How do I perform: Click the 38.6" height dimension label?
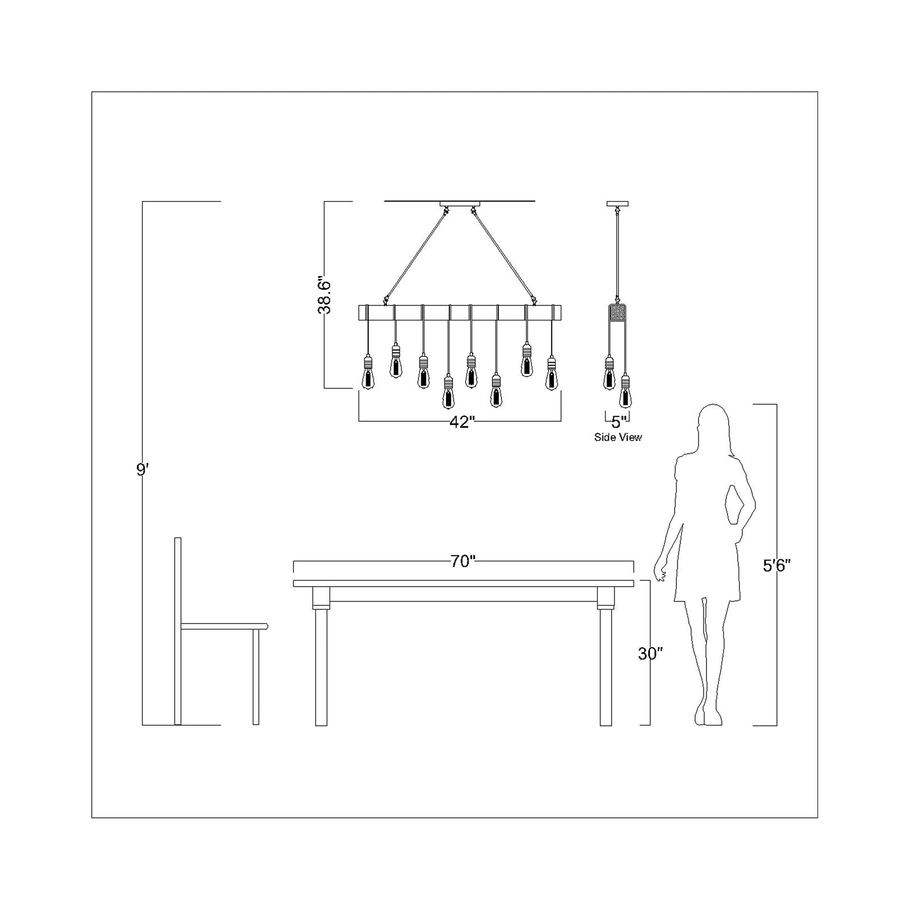click(x=324, y=295)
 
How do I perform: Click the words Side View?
click(x=618, y=437)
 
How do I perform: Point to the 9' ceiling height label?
click(x=143, y=470)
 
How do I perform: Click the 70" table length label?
click(x=463, y=562)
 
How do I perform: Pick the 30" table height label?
click(x=650, y=654)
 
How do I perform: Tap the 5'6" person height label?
click(x=777, y=566)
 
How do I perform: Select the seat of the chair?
click(x=224, y=626)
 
